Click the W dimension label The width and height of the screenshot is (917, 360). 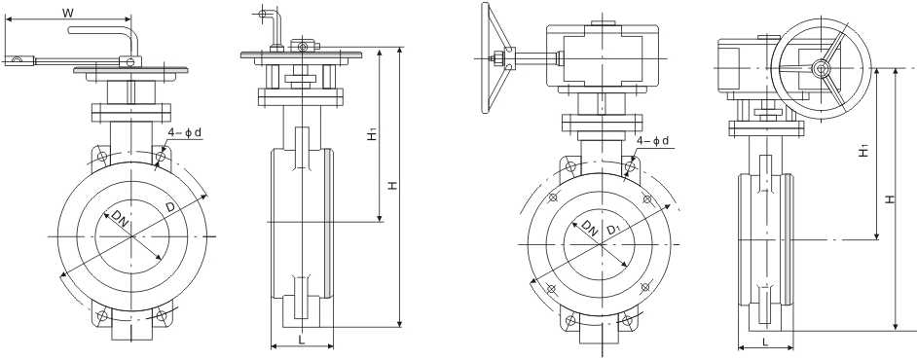tap(66, 13)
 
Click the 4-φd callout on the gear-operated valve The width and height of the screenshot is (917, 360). tap(653, 141)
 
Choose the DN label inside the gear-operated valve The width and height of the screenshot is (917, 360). tap(590, 229)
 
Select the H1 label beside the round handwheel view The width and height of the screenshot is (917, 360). tap(863, 151)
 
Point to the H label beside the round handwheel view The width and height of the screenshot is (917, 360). tap(889, 198)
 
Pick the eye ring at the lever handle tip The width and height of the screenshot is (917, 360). tap(18, 61)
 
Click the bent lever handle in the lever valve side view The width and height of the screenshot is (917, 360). tap(269, 19)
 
